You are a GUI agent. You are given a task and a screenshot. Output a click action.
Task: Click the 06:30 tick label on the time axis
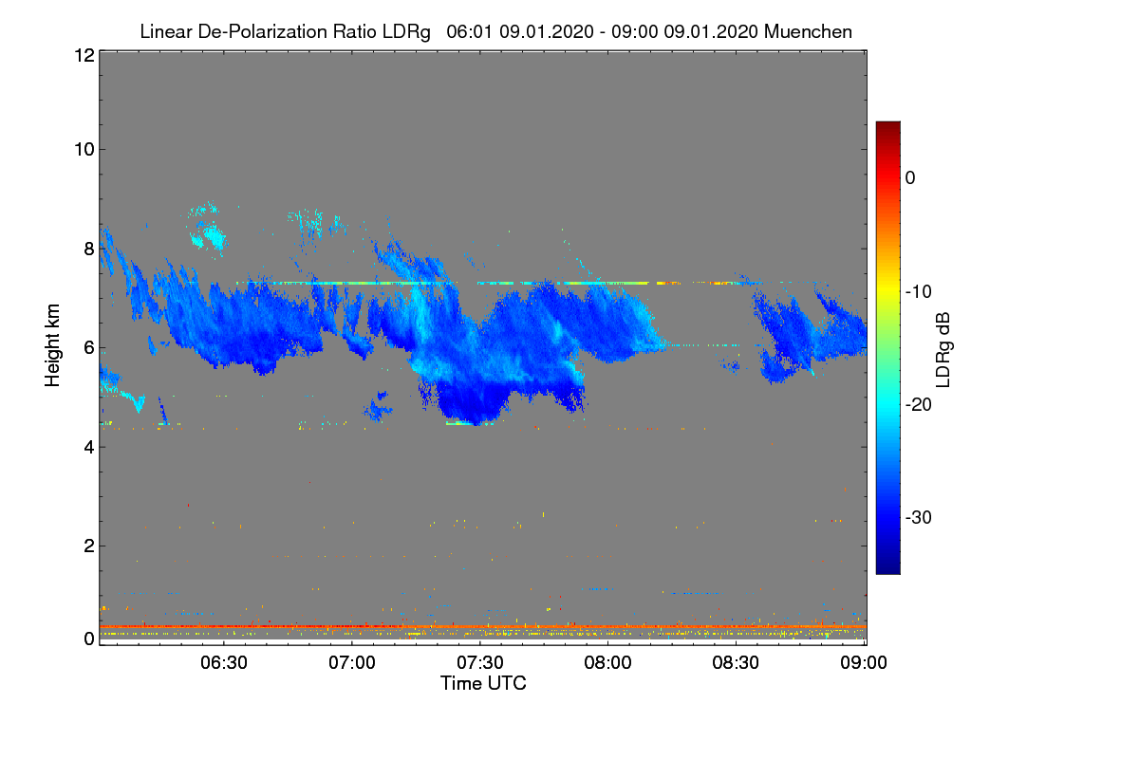224,663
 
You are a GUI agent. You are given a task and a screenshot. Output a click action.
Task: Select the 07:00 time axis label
352,663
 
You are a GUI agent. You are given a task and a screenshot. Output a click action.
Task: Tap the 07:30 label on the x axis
480,663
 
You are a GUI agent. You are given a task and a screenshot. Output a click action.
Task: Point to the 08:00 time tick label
607,663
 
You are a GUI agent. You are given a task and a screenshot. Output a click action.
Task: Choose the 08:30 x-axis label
736,663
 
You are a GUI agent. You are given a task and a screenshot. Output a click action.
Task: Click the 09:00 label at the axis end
864,663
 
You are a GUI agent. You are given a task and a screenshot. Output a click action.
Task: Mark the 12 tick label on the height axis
84,55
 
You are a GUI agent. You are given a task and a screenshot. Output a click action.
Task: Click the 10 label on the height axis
84,150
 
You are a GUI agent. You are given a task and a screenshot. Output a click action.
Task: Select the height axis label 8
90,249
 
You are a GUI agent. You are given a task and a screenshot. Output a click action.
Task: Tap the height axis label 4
90,448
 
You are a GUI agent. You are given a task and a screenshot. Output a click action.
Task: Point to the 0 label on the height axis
90,639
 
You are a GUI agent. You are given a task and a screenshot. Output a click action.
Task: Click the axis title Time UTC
483,683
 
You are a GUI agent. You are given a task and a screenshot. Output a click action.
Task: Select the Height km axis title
52,345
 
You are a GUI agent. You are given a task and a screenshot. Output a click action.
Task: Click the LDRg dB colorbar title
943,350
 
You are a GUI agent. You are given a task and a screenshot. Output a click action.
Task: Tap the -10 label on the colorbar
919,292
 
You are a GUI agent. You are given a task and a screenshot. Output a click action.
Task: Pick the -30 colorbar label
919,517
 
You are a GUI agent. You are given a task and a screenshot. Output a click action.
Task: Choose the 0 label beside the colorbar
910,178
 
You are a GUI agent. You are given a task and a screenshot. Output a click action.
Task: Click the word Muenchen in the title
808,31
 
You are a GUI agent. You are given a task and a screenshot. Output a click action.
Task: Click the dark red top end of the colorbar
887,123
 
